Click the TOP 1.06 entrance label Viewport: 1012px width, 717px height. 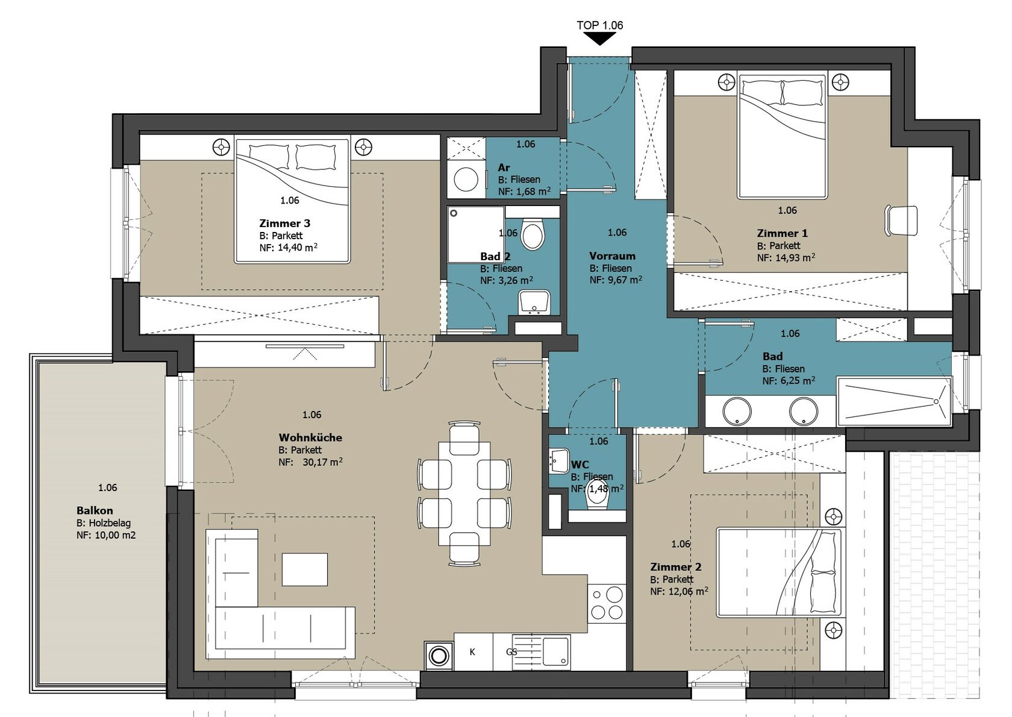pos(599,25)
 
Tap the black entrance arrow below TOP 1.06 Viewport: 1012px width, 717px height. pos(599,40)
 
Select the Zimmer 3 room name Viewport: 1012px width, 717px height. pos(284,223)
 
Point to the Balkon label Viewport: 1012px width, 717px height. pos(95,510)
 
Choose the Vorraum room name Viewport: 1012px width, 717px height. pos(612,255)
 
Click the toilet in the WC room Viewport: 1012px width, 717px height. pos(598,495)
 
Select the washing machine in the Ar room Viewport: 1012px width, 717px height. pos(466,179)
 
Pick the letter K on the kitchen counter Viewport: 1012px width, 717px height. pos(472,652)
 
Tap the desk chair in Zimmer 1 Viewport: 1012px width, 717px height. pos(901,221)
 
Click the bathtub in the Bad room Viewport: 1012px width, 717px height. pos(894,402)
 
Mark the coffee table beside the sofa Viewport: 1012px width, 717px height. pos(305,569)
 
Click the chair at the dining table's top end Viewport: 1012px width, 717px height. pos(464,438)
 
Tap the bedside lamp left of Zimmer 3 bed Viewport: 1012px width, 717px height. pos(222,147)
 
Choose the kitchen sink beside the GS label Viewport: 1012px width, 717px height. pos(556,651)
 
